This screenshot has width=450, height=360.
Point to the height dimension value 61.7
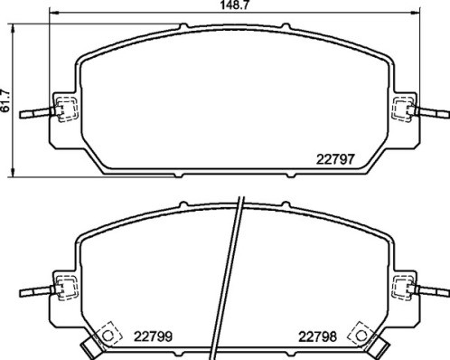(7, 108)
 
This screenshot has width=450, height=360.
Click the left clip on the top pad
(63, 110)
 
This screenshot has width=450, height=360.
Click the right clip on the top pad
(403, 110)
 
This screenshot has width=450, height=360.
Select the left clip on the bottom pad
(63, 289)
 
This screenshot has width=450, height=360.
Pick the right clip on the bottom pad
(403, 289)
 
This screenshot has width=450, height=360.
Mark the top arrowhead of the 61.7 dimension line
(12, 28)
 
